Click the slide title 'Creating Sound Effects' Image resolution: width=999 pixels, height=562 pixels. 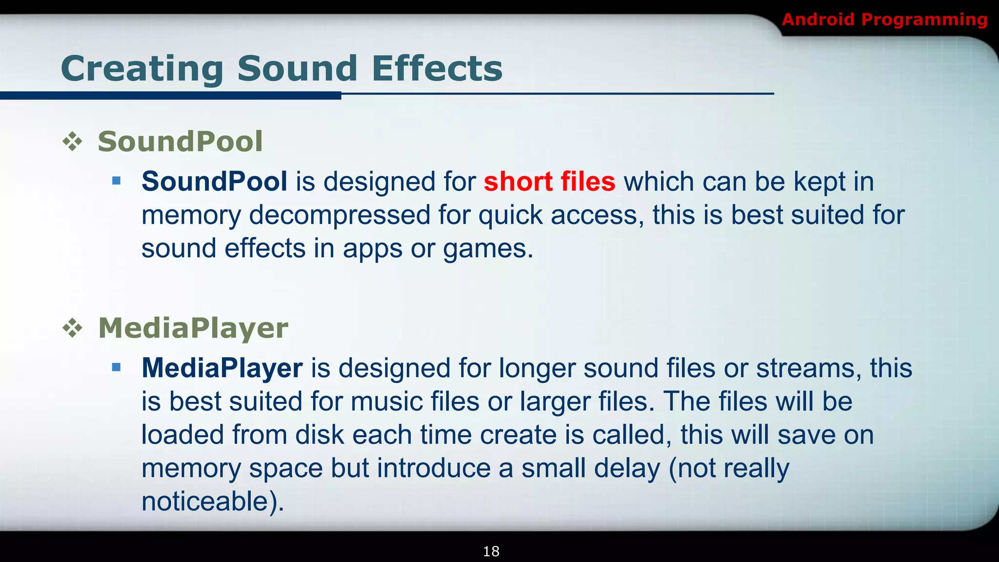pos(281,68)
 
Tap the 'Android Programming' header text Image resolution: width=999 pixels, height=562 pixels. pos(884,20)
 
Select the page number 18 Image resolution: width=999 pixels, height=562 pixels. pos(491,551)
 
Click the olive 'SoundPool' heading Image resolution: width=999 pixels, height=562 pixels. pos(180,141)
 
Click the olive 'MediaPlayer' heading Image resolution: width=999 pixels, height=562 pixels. pos(193,328)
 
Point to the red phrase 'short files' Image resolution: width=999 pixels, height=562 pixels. pos(549,181)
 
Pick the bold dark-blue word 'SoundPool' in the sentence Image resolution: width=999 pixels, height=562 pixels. pos(214,181)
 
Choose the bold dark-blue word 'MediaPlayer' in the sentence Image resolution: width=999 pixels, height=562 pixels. pos(222,368)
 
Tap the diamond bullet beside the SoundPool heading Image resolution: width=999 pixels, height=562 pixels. pos(73,142)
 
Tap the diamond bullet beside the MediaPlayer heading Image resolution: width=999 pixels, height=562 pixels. pos(73,328)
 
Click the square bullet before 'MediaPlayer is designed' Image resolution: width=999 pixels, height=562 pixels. pos(116,367)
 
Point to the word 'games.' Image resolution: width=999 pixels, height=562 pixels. pos(488,249)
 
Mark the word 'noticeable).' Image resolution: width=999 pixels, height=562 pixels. pos(213,502)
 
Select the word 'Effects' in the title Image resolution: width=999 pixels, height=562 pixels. pos(437,68)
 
